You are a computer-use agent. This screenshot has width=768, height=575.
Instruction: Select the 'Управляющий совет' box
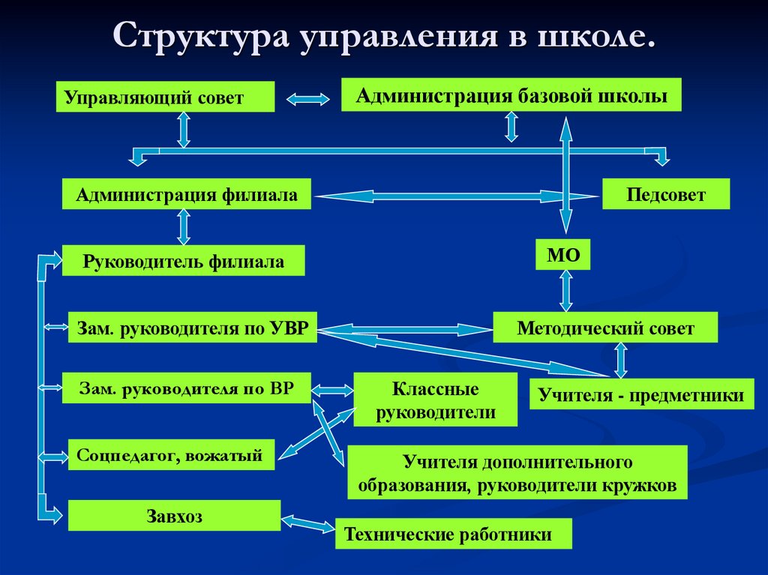[x=165, y=97]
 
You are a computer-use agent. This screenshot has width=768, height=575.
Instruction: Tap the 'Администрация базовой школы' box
[x=511, y=95]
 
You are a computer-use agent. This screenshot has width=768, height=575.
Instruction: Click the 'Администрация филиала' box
[x=186, y=195]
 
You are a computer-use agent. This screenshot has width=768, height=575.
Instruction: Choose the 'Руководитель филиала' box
[x=184, y=261]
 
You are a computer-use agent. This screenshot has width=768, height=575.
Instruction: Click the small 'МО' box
[x=563, y=255]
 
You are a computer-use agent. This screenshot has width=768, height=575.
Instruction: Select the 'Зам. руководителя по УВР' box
[x=192, y=328]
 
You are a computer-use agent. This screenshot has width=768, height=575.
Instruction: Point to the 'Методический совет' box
[x=605, y=328]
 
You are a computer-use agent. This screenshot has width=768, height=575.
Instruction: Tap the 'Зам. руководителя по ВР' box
[x=186, y=388]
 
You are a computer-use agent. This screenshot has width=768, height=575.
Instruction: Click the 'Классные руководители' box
[x=435, y=400]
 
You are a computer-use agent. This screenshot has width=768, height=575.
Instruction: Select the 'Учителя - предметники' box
[x=641, y=395]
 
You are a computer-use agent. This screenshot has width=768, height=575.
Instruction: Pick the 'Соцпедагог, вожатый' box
[x=171, y=454]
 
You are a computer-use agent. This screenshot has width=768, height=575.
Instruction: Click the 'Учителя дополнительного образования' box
[x=517, y=472]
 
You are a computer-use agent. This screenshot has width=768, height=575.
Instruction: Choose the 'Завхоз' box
[x=174, y=516]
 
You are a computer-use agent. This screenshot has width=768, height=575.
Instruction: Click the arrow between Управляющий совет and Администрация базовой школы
[x=308, y=98]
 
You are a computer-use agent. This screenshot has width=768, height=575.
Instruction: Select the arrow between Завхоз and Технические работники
[x=307, y=523]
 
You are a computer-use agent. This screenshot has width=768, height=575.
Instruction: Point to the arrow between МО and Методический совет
[x=565, y=291]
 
